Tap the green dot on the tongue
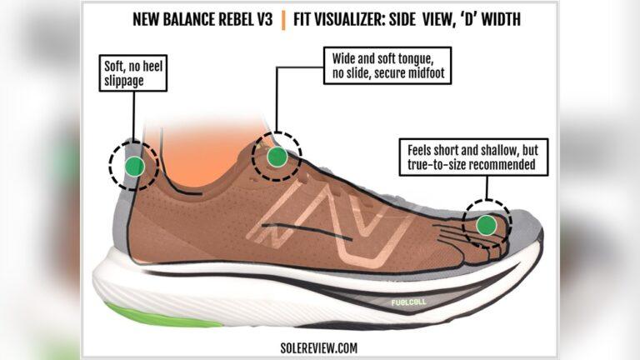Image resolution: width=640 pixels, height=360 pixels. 277,156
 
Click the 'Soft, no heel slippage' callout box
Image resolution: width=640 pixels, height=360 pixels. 131,73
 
